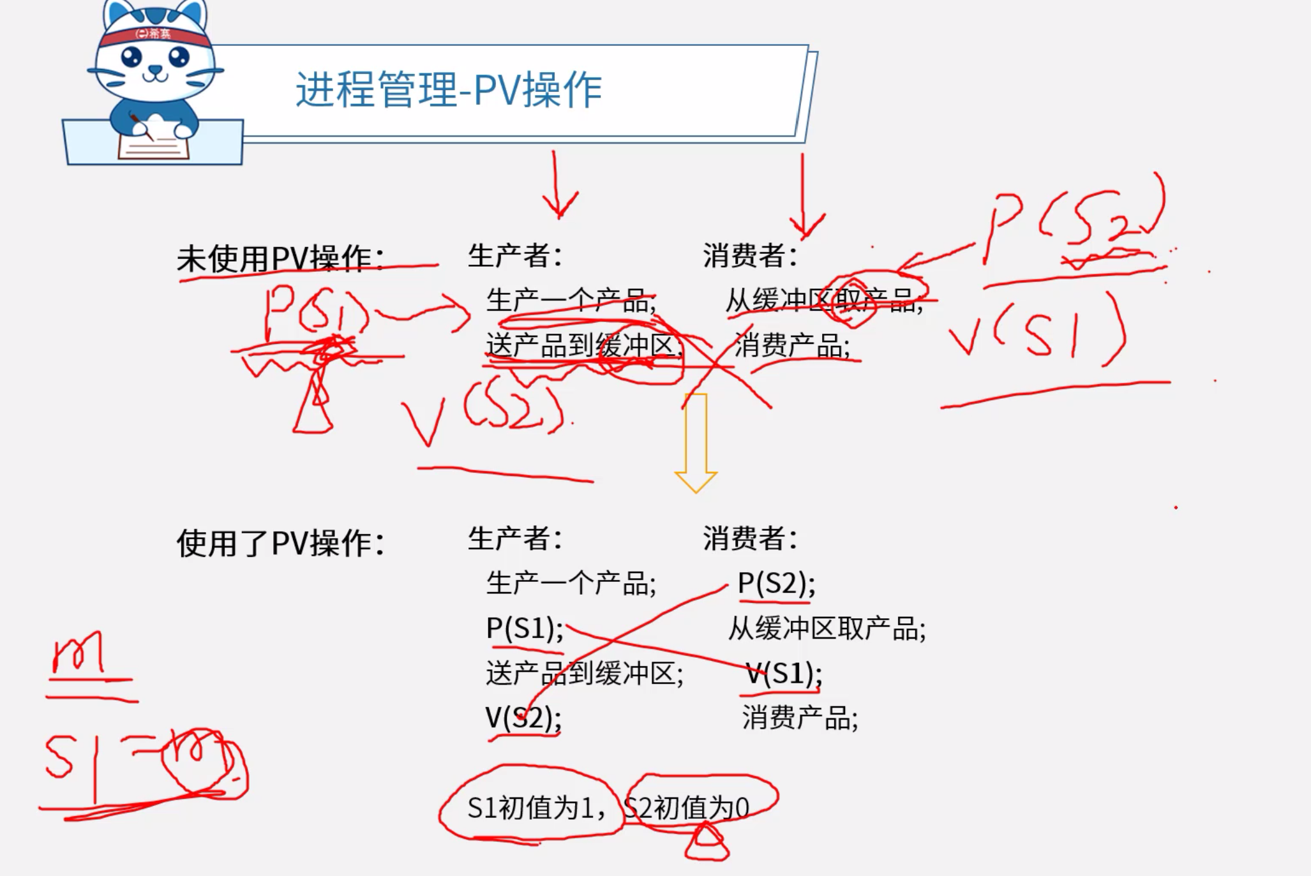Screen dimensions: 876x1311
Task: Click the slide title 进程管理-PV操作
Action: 449,90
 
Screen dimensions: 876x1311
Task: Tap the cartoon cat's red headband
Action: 154,34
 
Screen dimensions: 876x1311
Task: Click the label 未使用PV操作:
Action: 280,259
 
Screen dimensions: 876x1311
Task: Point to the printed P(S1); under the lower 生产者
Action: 525,629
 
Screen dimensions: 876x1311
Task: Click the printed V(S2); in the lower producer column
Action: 523,718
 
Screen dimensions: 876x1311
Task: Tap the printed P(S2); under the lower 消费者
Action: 776,583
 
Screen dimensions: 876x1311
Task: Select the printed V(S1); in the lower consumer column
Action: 784,674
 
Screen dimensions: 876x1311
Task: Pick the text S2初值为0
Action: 687,808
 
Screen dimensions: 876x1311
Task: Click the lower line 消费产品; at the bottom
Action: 800,718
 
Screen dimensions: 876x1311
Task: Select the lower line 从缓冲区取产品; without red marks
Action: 827,629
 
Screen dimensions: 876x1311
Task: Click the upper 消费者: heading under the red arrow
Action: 750,256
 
